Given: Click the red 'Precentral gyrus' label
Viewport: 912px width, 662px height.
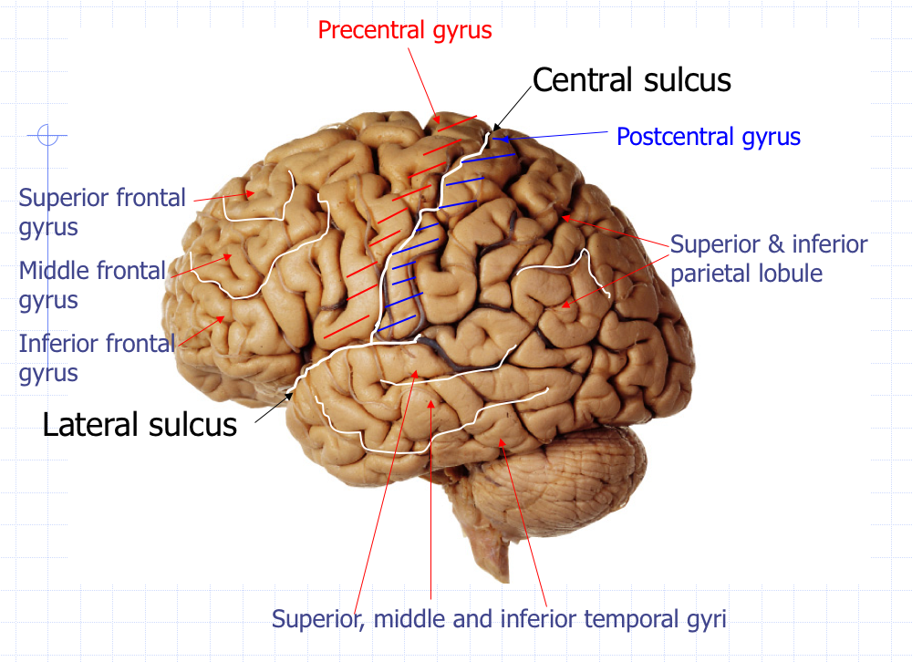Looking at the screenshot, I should pos(404,30).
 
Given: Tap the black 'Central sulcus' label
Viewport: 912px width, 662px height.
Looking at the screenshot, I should pos(631,80).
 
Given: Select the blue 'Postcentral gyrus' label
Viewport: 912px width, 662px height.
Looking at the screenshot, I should pos(708,138).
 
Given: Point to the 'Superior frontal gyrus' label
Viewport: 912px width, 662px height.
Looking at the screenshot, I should pos(101,211).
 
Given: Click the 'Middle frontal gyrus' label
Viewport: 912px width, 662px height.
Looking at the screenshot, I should pos(92,284).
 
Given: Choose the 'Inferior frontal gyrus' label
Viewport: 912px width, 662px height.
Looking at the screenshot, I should pos(96,357).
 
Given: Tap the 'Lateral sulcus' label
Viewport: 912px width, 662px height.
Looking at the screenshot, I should pos(140,424).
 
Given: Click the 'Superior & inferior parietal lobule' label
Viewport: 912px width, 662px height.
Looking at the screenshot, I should pos(768,259).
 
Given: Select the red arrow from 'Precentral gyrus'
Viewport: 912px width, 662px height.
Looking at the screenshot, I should pos(422,82).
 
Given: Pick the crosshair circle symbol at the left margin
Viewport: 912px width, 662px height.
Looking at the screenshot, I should pos(47,137).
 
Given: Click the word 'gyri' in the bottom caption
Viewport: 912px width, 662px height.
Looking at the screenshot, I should pos(707,620).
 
